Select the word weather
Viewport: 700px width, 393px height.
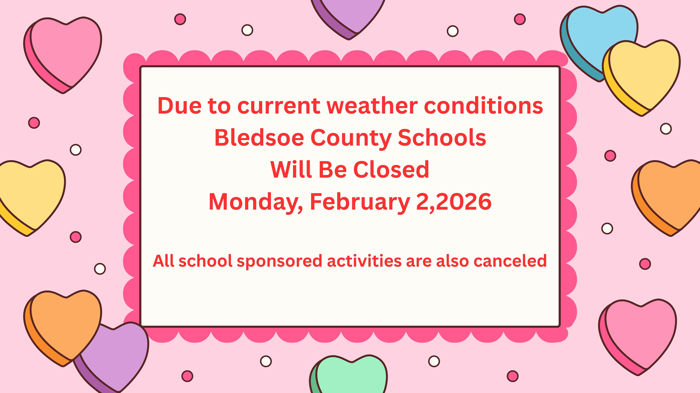(372, 106)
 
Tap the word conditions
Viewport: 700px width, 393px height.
(483, 106)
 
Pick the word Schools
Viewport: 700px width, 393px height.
(442, 138)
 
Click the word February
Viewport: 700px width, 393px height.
(360, 202)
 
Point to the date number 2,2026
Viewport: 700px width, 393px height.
(454, 202)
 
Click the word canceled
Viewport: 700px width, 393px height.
(510, 261)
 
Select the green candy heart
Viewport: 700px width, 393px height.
(348, 375)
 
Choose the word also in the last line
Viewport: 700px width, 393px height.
(452, 261)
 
